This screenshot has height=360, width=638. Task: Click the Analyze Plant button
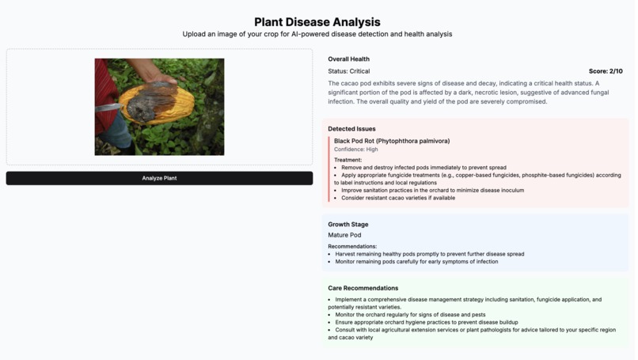(159, 178)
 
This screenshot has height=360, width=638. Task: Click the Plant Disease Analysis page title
(317, 22)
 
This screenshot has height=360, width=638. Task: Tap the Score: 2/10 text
(605, 71)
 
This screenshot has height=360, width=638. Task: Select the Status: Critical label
(348, 71)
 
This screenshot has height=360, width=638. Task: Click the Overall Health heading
(348, 59)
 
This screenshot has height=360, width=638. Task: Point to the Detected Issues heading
(351, 128)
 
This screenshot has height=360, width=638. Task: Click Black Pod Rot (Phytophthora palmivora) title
(391, 141)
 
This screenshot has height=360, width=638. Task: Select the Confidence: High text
(355, 150)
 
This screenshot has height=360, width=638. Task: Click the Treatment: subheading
(347, 160)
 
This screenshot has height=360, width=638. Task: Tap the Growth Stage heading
(347, 224)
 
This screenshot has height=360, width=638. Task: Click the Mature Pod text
(344, 235)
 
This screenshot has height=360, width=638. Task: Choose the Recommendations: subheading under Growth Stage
(352, 246)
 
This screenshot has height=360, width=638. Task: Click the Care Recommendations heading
(363, 288)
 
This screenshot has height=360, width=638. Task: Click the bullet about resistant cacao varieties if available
(398, 198)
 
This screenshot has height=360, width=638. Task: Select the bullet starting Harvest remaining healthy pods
(429, 254)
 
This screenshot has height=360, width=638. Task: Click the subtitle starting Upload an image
(317, 34)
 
